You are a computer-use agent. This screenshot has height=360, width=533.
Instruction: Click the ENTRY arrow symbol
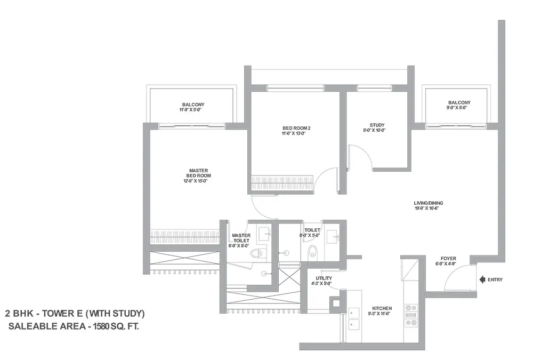pos(482,279)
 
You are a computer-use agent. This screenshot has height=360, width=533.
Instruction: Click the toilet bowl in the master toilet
pos(257,253)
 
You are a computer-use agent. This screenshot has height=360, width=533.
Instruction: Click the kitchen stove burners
pos(411,315)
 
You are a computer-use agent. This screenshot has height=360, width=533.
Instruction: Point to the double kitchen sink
pos(354,319)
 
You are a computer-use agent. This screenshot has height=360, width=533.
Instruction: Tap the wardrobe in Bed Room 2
pos(282,183)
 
